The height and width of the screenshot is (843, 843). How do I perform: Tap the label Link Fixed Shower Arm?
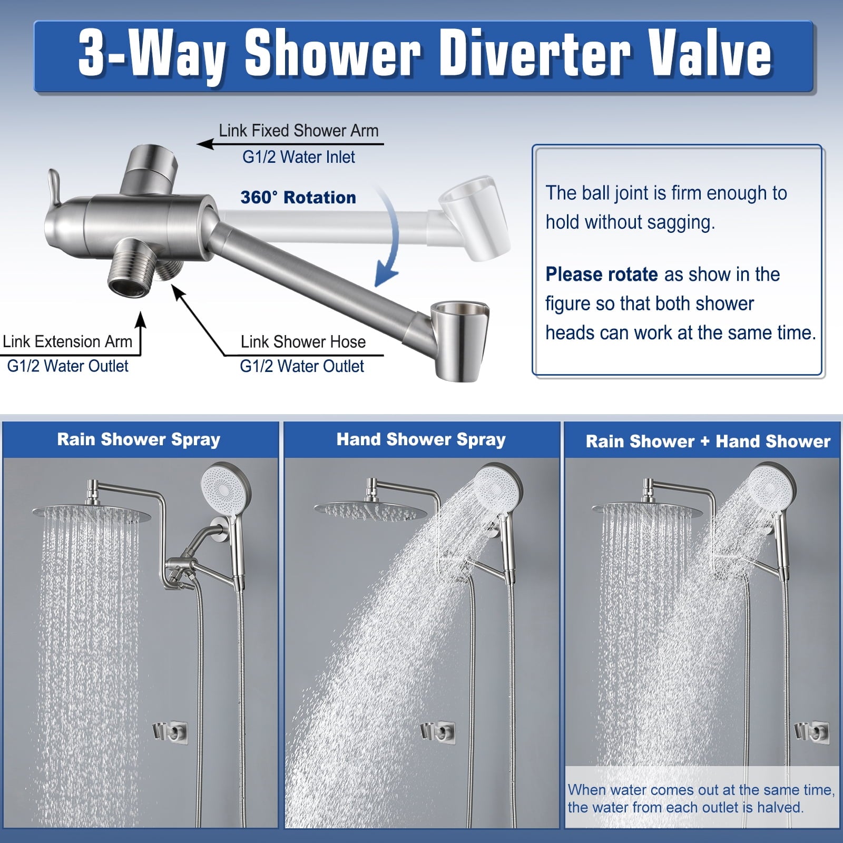pyautogui.click(x=299, y=131)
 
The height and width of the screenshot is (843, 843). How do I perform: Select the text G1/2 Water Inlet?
pyautogui.click(x=299, y=156)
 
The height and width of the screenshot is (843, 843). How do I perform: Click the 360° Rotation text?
pyautogui.click(x=298, y=197)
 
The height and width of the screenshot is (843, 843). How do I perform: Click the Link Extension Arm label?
pyautogui.click(x=67, y=341)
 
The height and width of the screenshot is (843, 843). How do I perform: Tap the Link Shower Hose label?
pyautogui.click(x=303, y=341)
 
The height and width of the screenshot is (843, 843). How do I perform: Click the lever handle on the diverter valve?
pyautogui.click(x=54, y=185)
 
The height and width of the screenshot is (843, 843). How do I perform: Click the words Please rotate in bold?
pyautogui.click(x=602, y=275)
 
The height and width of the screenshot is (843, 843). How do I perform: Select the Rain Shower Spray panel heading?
pyautogui.click(x=139, y=439)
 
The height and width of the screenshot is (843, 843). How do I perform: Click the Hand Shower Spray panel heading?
pyautogui.click(x=421, y=439)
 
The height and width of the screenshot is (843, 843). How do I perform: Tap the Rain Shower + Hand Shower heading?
pyautogui.click(x=708, y=441)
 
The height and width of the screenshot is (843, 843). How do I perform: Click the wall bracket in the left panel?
pyautogui.click(x=170, y=732)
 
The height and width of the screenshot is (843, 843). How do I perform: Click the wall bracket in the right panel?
pyautogui.click(x=812, y=732)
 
